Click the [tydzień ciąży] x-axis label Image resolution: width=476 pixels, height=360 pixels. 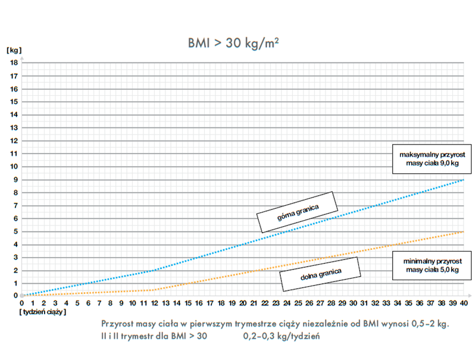42,311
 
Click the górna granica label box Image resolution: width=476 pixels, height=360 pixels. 297,212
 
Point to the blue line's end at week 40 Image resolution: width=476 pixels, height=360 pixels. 464,180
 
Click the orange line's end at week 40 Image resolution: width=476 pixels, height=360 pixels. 464,231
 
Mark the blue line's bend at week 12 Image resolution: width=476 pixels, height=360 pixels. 154,270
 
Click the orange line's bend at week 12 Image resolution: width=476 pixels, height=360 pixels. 154,290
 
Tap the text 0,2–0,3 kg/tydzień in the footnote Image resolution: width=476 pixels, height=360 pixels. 282,336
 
